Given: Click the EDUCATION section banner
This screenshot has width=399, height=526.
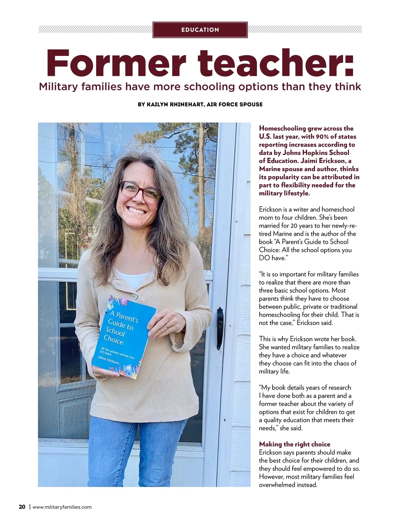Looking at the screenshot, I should coord(200,30).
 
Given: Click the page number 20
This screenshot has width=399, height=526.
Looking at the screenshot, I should coord(22,507).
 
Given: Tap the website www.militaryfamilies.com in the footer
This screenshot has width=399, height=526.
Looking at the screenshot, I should coord(62,507).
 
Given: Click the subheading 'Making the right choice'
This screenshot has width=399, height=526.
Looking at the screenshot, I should coord(295,444).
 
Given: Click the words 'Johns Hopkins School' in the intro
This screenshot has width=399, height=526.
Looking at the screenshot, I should coord(316,153).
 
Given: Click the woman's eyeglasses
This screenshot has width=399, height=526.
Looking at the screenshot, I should coord(140,192).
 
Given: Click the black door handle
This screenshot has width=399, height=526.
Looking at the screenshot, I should coord(219,328).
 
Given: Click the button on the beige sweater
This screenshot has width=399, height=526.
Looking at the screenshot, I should coord(135,296).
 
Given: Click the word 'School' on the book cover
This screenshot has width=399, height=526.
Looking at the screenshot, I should coord(115,331).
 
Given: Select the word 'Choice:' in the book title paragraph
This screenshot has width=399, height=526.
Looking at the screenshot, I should coord(270,250).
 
